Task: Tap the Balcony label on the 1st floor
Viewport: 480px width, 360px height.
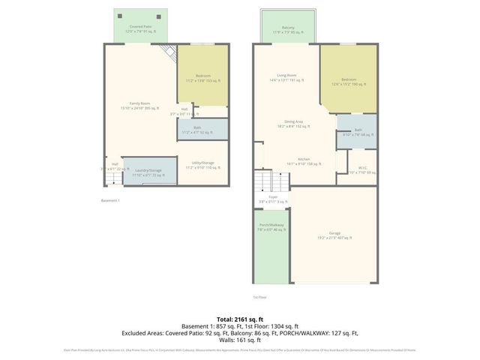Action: click(x=288, y=29)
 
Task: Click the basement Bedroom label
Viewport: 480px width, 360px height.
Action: click(x=203, y=78)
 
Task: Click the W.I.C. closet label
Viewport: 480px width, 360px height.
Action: click(x=361, y=169)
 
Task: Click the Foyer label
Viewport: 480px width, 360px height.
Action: click(x=262, y=199)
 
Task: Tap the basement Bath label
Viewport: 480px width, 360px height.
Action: click(x=197, y=130)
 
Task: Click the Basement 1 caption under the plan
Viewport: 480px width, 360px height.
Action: click(x=110, y=200)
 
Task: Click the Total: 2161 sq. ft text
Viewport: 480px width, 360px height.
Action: click(x=239, y=319)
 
